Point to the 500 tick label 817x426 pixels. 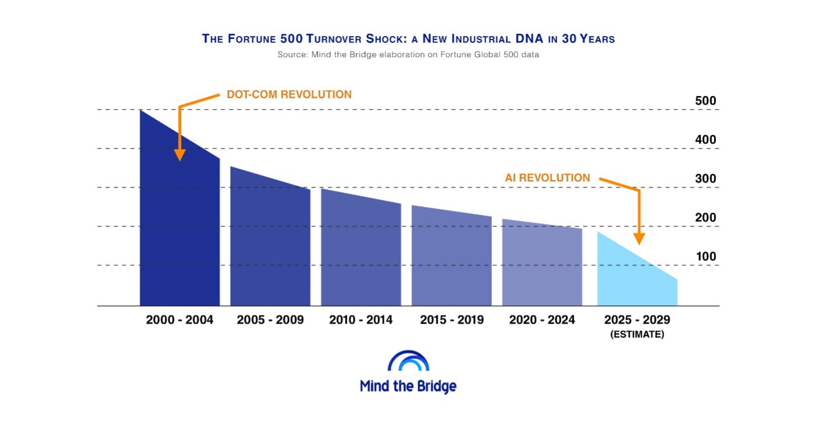(706, 101)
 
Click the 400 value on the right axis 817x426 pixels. (706, 140)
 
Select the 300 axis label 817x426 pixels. (706, 179)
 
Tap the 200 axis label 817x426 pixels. (706, 218)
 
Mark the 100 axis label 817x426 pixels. (706, 257)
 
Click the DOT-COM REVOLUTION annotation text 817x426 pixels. (289, 94)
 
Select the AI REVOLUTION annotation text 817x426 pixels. (547, 178)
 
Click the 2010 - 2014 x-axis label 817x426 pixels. (361, 320)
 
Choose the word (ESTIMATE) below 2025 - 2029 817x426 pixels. (637, 335)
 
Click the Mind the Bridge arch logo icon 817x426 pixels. (408, 361)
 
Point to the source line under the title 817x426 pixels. (408, 55)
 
